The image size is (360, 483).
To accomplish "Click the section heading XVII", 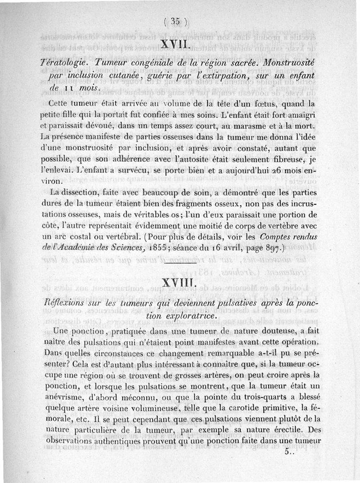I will (x=175, y=45).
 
